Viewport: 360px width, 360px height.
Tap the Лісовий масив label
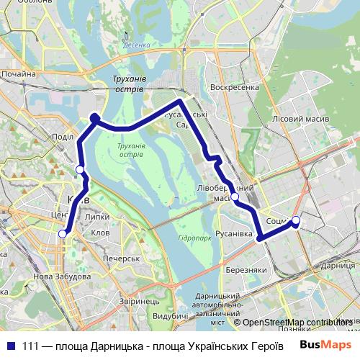click(301, 118)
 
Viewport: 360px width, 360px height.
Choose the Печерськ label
click(120, 258)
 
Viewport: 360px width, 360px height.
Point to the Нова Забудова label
click(63, 276)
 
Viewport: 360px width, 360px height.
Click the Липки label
click(96, 216)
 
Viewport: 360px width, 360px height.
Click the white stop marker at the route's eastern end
click(296, 221)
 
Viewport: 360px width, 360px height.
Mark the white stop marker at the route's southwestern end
click(63, 233)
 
